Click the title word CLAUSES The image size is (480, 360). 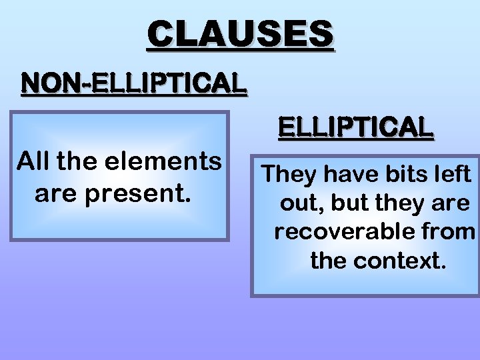coord(241,34)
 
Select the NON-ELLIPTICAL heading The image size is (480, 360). coord(134,83)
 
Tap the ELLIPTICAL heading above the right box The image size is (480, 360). coord(355,126)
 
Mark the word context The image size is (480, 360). coord(399,261)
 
